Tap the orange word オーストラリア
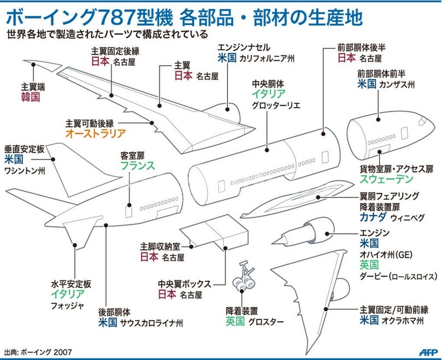96,133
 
